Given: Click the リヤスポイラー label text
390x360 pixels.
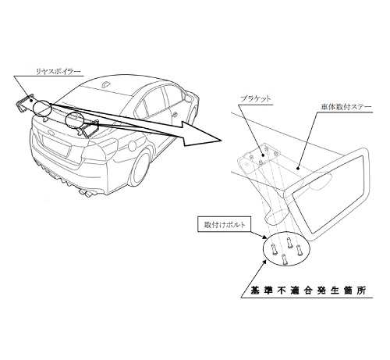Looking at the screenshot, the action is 58,71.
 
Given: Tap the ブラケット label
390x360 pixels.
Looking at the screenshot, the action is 255,99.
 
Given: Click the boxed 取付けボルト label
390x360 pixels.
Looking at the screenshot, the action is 225,224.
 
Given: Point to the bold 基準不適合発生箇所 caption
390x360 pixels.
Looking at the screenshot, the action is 308,290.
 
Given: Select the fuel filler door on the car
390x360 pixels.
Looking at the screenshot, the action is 133,145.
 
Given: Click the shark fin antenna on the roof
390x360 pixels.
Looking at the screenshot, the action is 106,84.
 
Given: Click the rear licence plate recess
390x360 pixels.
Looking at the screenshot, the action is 57,147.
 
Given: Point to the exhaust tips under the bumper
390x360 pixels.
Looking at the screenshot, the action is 87,193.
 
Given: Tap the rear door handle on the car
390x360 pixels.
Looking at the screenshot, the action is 175,114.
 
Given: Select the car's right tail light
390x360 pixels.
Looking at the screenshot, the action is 100,151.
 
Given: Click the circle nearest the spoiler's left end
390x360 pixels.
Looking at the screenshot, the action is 42,109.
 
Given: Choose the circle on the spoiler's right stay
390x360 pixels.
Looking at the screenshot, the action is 74,119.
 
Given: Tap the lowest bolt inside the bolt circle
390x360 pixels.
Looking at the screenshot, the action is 285,259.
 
